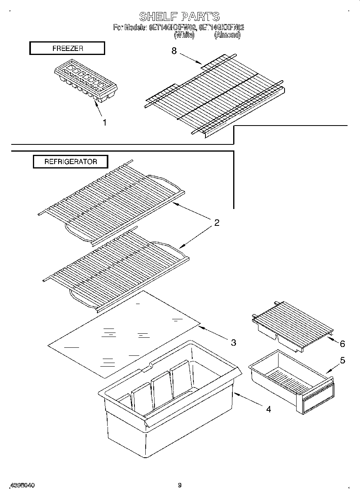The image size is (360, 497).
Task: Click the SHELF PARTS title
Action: (179, 16)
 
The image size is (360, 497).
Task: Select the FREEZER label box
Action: (67, 48)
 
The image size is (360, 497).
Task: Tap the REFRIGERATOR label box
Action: (70, 162)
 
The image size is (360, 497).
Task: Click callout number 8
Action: (174, 51)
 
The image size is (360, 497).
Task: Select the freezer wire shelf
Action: (215, 96)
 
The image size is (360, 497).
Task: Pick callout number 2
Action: (217, 223)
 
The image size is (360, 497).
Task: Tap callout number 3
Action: (233, 343)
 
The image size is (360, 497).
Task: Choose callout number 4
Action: (268, 409)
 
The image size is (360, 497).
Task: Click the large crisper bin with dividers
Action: (169, 405)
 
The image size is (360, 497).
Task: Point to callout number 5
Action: (342, 360)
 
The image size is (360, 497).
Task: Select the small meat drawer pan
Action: (291, 381)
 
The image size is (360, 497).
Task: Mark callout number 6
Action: (342, 344)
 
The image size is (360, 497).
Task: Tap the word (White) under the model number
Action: (184, 35)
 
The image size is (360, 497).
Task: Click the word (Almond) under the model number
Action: (227, 35)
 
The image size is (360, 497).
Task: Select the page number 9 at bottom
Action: (180, 485)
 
